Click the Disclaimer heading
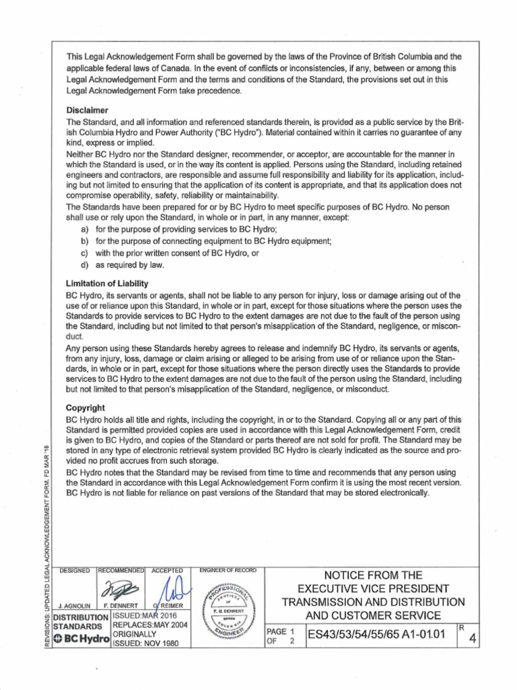[x=88, y=109]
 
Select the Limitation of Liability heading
[x=106, y=284]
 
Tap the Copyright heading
[x=85, y=408]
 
